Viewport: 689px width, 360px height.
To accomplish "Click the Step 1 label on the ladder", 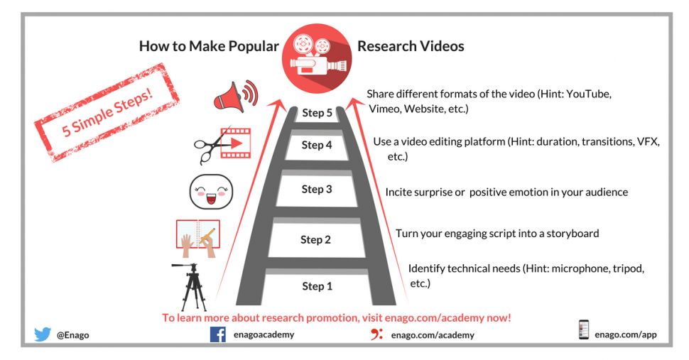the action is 317,286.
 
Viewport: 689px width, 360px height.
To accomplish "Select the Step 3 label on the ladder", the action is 316,189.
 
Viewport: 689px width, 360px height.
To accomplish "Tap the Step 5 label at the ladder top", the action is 317,113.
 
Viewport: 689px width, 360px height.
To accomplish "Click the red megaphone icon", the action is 236,96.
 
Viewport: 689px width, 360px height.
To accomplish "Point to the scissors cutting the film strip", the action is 210,146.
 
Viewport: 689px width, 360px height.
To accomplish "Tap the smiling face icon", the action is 211,192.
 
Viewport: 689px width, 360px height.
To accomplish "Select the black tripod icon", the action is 192,287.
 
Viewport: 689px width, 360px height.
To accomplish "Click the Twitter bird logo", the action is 43,334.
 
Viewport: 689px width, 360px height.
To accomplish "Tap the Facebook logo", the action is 217,334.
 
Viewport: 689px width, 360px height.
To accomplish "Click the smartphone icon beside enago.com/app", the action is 584,329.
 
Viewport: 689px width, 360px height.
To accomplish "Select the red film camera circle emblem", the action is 316,58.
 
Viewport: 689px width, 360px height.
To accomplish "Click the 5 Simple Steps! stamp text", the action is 107,112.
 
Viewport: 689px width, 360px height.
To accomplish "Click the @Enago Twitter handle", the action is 72,335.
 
